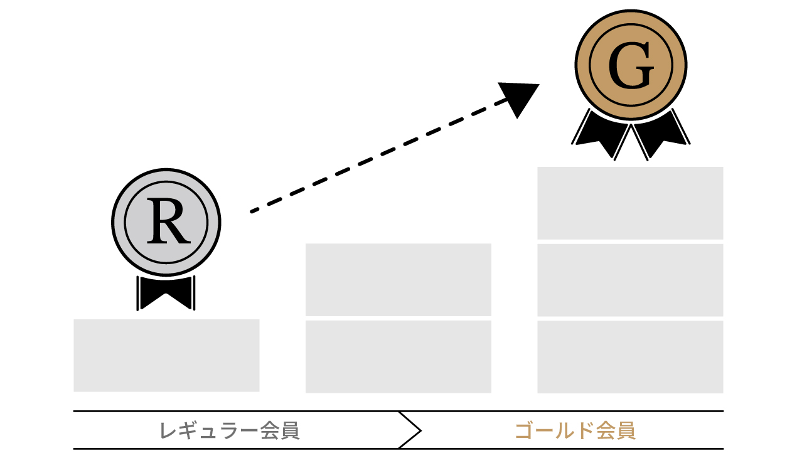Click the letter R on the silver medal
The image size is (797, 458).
(x=166, y=223)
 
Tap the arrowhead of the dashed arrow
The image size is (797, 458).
(x=520, y=97)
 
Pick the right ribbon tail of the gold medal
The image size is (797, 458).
(x=660, y=133)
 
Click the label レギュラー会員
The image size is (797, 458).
(x=230, y=431)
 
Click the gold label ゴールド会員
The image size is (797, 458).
(x=575, y=431)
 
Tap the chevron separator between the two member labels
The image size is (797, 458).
(x=410, y=430)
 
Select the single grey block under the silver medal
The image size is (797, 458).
(x=166, y=355)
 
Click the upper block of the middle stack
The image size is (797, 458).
(x=398, y=279)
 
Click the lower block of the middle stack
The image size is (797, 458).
(x=398, y=356)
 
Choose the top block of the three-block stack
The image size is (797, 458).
(x=630, y=203)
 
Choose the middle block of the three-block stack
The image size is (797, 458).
(x=630, y=280)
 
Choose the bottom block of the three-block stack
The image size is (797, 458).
(x=630, y=356)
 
